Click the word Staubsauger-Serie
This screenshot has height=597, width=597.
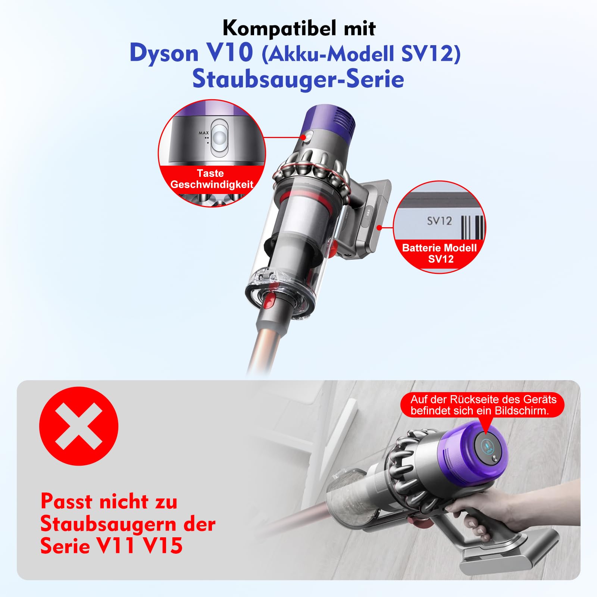[298, 79]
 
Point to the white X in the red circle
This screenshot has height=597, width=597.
[79, 426]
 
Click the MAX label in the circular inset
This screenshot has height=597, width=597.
[204, 133]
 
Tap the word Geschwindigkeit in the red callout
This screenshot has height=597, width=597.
[212, 184]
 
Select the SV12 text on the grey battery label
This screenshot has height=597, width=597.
[440, 221]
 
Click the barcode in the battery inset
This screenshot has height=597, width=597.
[472, 226]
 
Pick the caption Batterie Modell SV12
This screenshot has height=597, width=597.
[440, 253]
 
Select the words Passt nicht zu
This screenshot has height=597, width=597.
[109, 501]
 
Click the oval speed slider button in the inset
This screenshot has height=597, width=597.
[219, 137]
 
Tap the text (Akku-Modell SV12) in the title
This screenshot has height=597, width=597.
[361, 54]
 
